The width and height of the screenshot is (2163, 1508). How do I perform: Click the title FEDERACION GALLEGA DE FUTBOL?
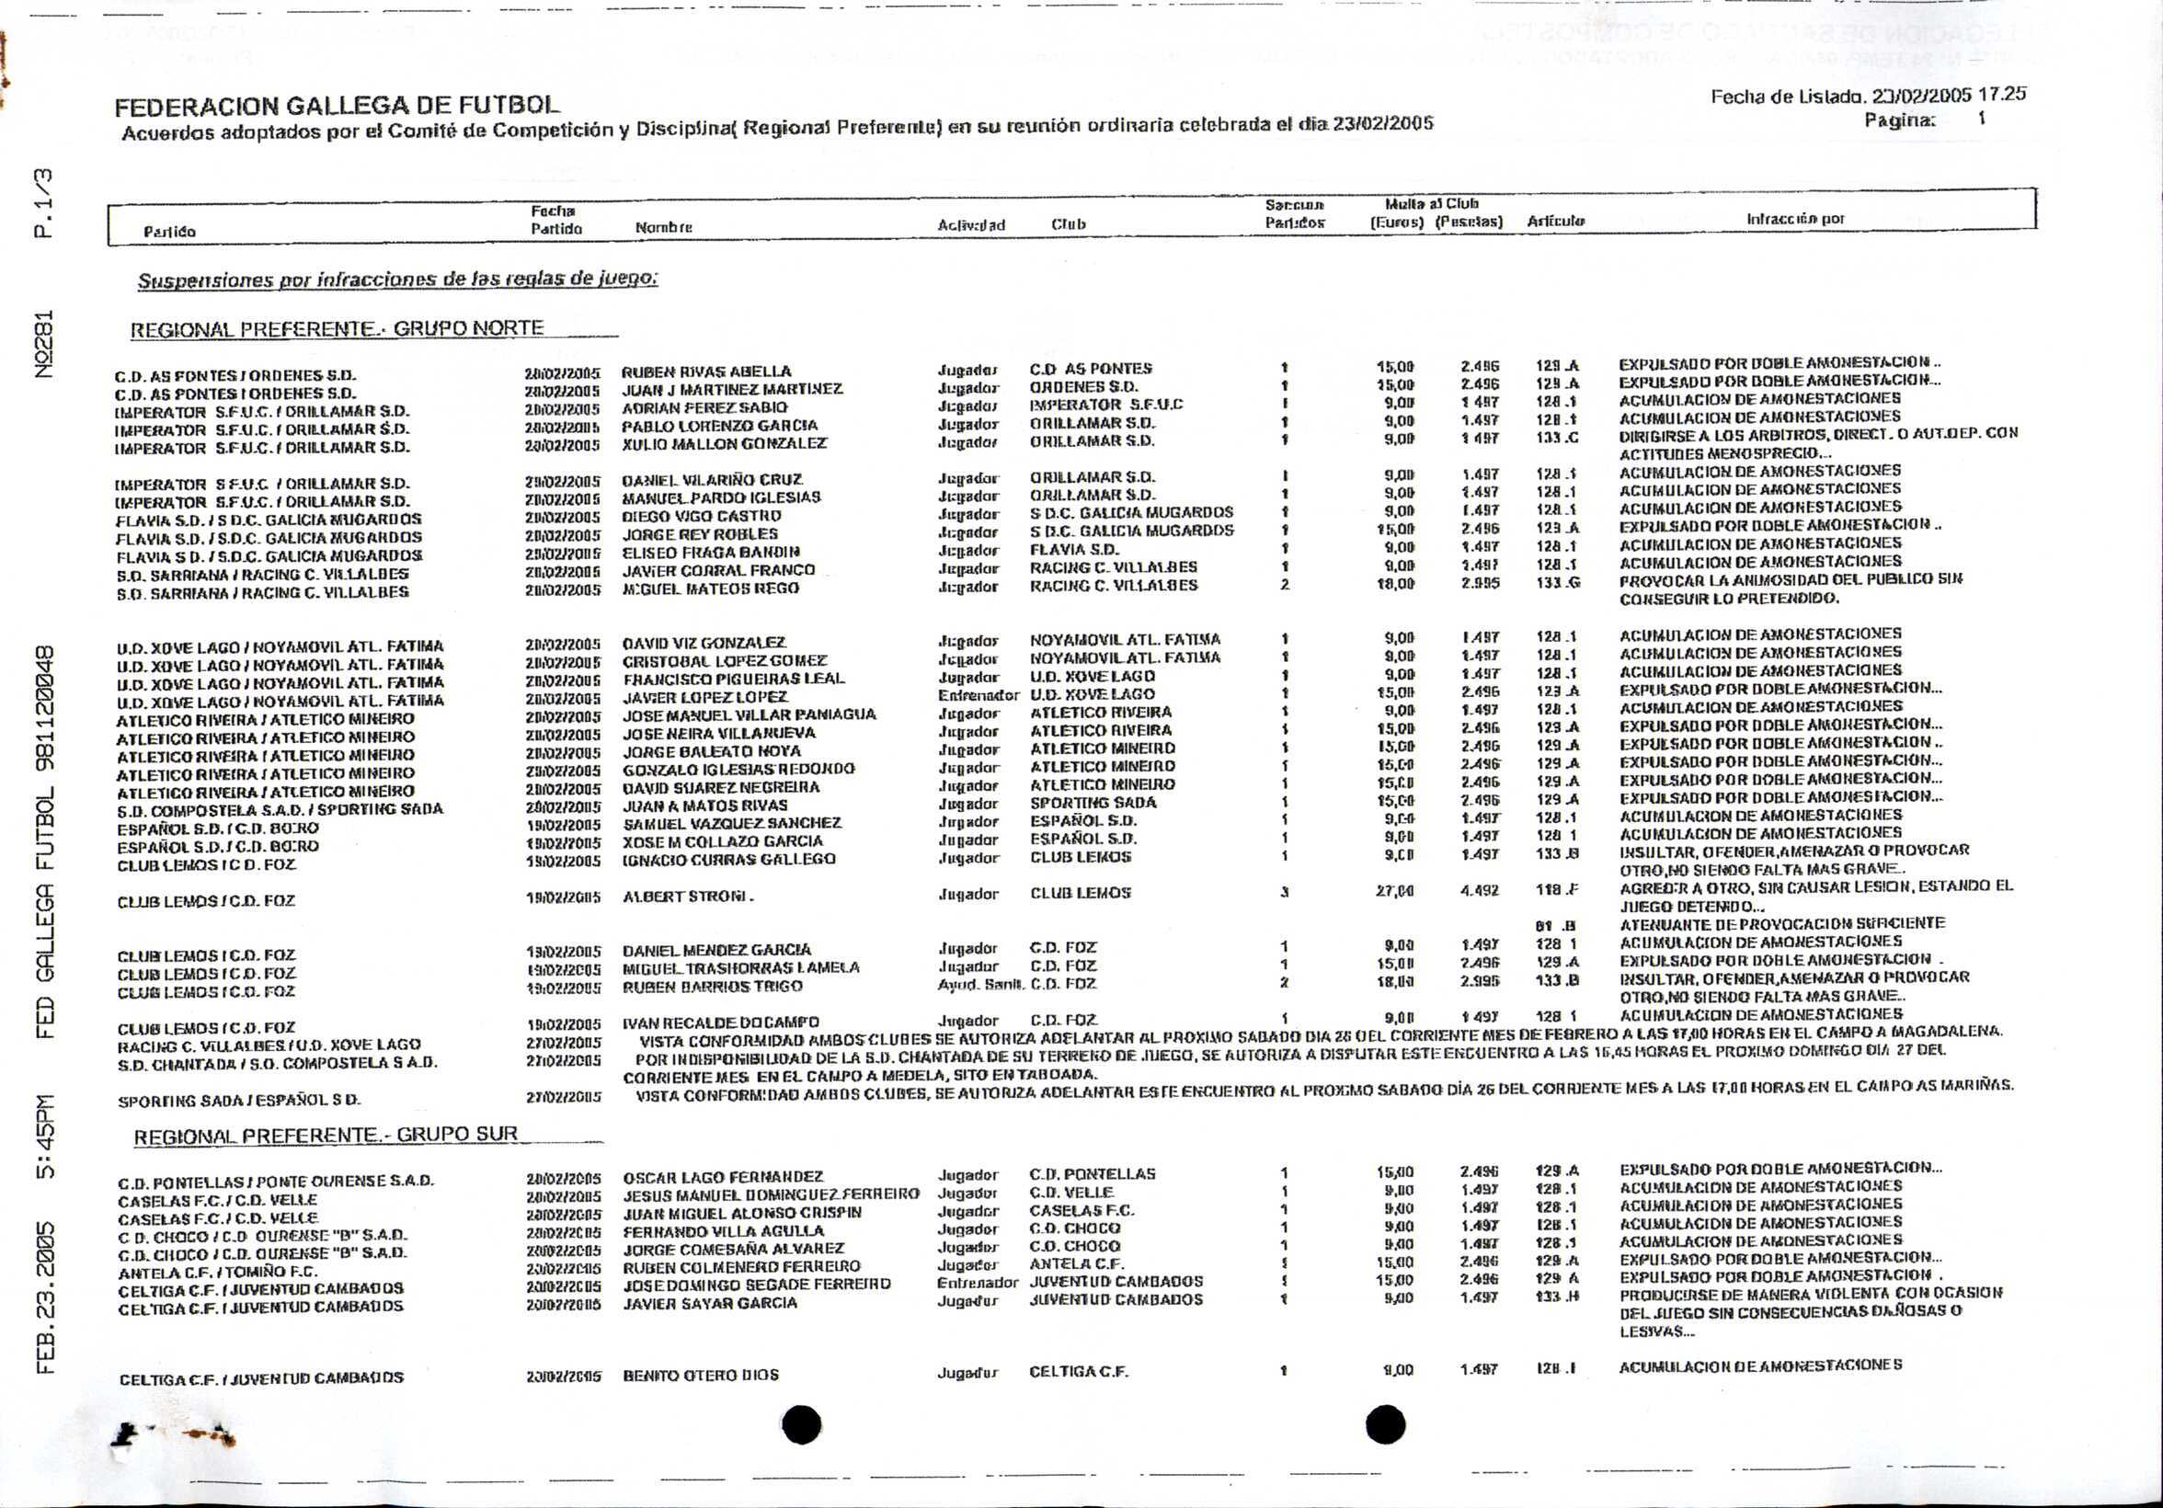337,105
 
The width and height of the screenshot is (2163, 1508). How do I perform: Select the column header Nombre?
664,227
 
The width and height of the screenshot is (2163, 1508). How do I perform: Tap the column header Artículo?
1555,222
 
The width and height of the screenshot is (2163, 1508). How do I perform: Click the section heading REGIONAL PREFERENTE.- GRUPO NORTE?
337,329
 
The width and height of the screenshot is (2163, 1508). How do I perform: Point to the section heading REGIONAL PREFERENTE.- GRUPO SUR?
326,1134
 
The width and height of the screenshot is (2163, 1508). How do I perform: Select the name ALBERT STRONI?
688,897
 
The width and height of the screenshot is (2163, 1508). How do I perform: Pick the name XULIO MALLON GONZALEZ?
725,442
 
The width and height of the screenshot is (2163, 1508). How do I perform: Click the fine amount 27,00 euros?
1394,890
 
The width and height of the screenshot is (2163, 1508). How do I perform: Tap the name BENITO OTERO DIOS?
701,1376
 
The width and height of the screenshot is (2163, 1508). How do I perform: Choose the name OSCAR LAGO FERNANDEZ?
724,1177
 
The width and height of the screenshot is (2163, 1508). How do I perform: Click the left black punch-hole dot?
801,1423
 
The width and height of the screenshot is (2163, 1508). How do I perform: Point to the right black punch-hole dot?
1385,1423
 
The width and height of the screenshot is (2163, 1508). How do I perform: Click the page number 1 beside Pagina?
1981,120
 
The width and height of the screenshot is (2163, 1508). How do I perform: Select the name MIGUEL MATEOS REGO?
710,588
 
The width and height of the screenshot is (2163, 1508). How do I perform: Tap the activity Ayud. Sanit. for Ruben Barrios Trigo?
978,984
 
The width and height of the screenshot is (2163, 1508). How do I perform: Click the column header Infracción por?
1794,219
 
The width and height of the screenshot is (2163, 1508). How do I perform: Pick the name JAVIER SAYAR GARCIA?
710,1304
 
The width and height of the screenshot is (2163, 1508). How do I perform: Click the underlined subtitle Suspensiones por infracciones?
397,280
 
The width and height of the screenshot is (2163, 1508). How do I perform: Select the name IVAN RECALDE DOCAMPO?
721,1022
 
